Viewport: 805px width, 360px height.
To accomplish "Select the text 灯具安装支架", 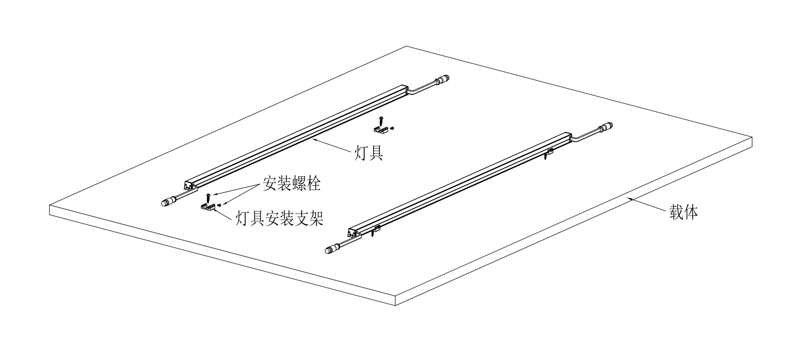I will coord(279,218).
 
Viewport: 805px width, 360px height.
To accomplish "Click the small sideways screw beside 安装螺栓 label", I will coord(219,206).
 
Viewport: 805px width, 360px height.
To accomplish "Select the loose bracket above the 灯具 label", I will coord(380,128).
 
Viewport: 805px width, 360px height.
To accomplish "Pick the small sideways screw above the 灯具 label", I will coord(393,127).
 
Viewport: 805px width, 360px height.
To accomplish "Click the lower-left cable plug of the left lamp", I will coord(167,202).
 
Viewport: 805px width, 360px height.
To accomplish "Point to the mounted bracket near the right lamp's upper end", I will coord(550,152).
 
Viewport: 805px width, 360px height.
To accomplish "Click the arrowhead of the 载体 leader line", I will coord(628,198).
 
